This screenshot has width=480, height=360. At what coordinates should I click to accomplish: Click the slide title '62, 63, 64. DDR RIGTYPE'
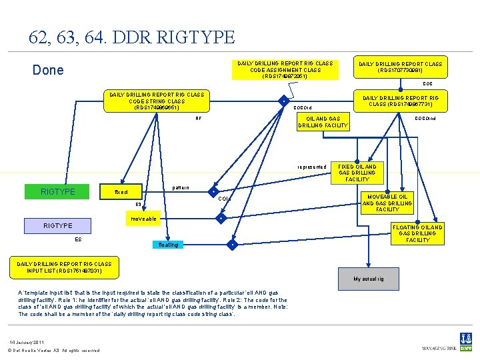tap(131, 37)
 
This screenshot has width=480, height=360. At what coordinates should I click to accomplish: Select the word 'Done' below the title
tap(48, 70)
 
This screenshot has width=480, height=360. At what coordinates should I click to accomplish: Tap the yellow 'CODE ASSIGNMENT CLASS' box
tap(285, 69)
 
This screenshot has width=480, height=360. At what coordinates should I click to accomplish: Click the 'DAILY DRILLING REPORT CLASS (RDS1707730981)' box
tap(400, 67)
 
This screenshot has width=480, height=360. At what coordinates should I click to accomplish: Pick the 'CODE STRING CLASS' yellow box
tap(156, 101)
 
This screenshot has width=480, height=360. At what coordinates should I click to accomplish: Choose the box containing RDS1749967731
tap(400, 101)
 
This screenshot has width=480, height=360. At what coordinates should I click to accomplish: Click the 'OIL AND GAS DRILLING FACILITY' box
tap(323, 122)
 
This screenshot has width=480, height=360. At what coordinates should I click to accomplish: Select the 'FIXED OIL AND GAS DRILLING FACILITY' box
tap(357, 173)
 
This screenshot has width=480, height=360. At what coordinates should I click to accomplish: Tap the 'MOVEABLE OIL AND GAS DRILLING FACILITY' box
tap(387, 203)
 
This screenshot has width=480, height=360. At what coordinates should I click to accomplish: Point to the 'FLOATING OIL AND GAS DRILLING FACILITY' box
tap(418, 233)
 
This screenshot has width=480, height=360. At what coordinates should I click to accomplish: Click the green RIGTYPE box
tap(57, 192)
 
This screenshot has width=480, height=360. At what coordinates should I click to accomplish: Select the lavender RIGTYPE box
tap(57, 225)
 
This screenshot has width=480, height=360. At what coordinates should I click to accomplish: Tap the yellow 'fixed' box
tap(121, 191)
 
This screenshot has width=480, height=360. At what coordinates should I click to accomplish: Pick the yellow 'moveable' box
tap(143, 219)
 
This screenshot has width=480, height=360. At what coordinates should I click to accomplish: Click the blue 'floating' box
tap(168, 245)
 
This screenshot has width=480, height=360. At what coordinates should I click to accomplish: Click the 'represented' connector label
tap(312, 167)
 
